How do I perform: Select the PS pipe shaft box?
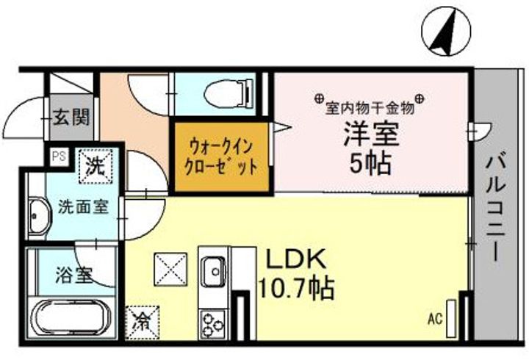tap(57, 156)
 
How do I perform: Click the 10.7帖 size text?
tap(296, 287)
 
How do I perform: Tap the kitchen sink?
tap(215, 270)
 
